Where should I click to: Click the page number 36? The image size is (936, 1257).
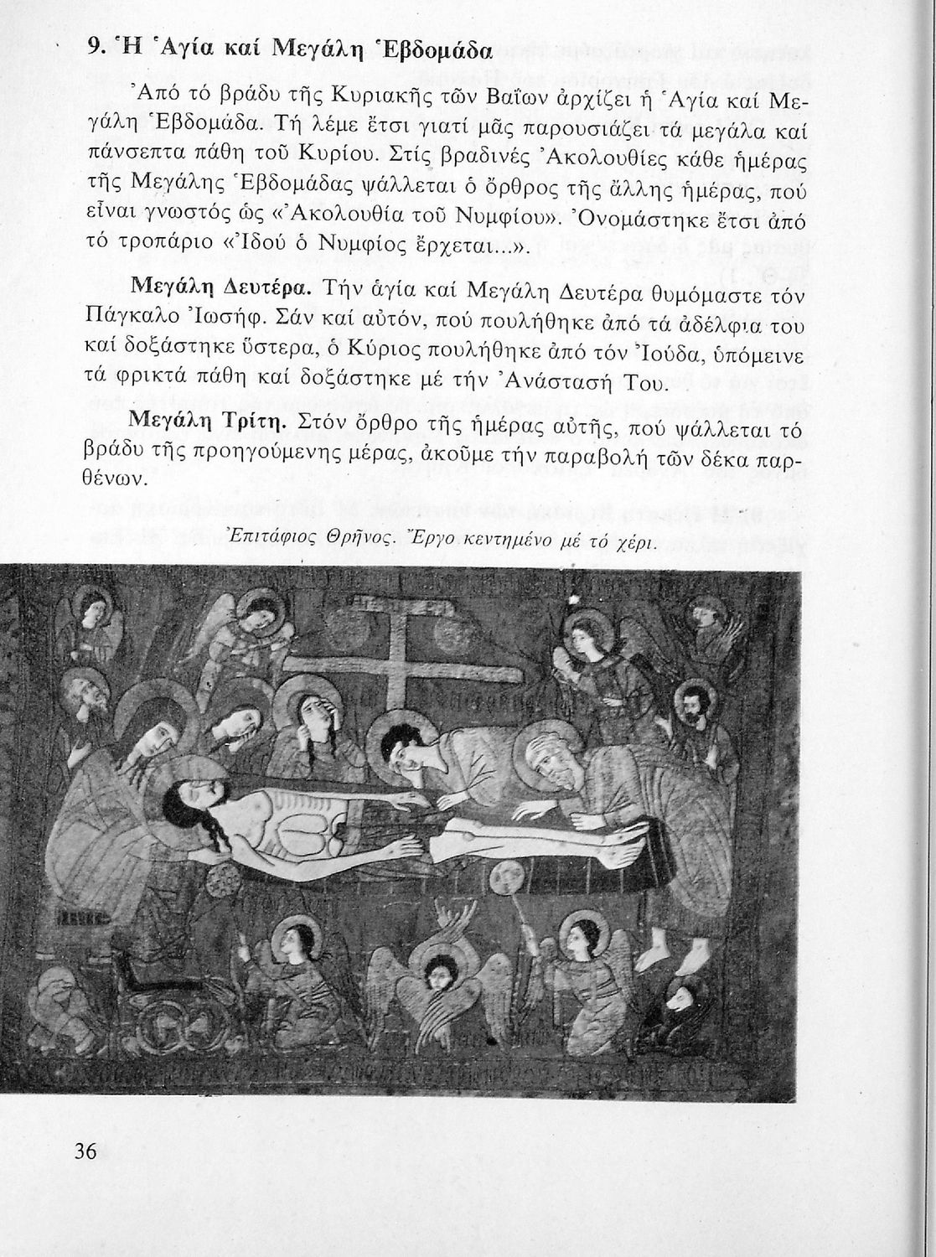point(85,1151)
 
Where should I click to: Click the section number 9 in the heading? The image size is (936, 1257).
point(95,48)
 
